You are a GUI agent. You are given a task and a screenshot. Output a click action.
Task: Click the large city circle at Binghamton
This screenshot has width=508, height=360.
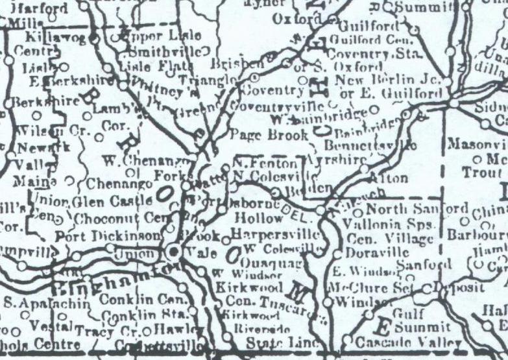click(x=173, y=251)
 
